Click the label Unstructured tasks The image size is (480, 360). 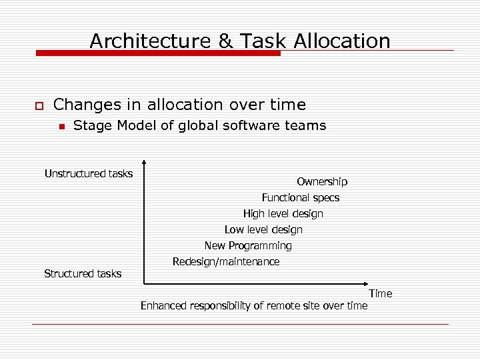[x=89, y=174]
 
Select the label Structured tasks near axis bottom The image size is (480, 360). [x=83, y=273]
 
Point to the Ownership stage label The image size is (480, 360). [x=322, y=182]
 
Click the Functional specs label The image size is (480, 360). [x=301, y=198]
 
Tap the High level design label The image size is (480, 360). [x=283, y=214]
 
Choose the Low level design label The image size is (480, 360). [x=263, y=230]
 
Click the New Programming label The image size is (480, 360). [x=248, y=246]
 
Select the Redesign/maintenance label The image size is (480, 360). [x=226, y=262]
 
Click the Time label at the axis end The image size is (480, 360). [x=381, y=293]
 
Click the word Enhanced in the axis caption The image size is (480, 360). [x=164, y=306]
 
